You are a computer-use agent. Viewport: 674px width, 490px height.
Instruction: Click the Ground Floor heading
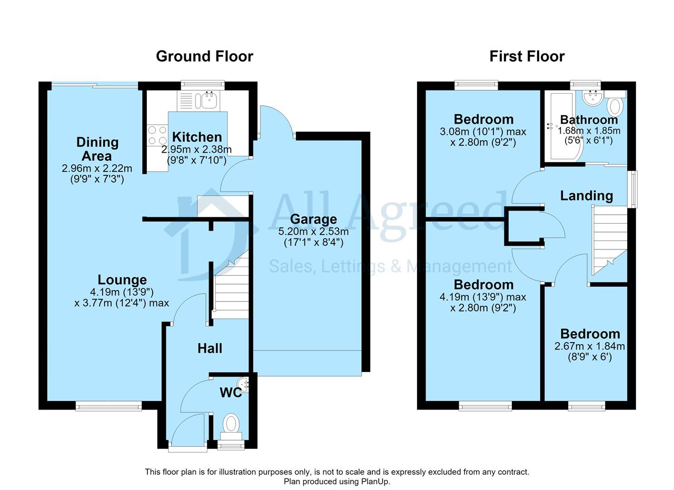(x=204, y=56)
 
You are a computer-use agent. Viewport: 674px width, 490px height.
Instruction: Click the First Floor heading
(x=527, y=56)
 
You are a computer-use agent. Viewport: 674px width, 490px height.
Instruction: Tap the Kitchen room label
(x=197, y=137)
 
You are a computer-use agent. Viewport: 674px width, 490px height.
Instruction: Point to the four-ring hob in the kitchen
(x=157, y=135)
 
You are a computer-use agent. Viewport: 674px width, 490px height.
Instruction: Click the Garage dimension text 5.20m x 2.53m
(x=313, y=232)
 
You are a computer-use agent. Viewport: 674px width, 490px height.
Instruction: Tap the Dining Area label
(x=97, y=149)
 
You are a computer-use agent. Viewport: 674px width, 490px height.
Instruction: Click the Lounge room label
(x=122, y=280)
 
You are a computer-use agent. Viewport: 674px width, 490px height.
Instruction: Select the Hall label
(x=210, y=348)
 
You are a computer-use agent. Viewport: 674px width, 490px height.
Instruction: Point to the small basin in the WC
(x=243, y=385)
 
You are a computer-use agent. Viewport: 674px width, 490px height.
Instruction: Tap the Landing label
(x=587, y=196)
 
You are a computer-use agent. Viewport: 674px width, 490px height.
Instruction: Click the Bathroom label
(x=589, y=119)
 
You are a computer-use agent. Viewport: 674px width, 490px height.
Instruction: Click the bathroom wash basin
(x=593, y=98)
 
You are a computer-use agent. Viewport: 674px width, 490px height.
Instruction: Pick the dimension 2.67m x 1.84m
(x=590, y=346)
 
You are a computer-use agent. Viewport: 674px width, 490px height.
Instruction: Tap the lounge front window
(x=108, y=407)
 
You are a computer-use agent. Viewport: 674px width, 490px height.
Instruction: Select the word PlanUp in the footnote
(x=376, y=482)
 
